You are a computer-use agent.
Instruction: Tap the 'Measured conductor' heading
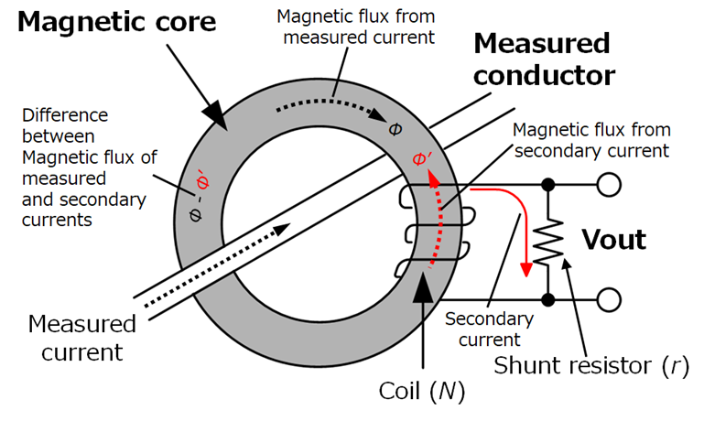coord(544,59)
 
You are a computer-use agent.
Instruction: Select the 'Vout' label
coord(614,241)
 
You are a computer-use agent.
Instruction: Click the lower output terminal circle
coord(607,298)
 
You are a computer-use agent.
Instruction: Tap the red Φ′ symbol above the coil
coord(423,159)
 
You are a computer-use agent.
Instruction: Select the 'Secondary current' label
coord(489,329)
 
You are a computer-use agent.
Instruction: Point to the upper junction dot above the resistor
coord(549,185)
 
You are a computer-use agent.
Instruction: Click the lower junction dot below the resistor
coord(549,298)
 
